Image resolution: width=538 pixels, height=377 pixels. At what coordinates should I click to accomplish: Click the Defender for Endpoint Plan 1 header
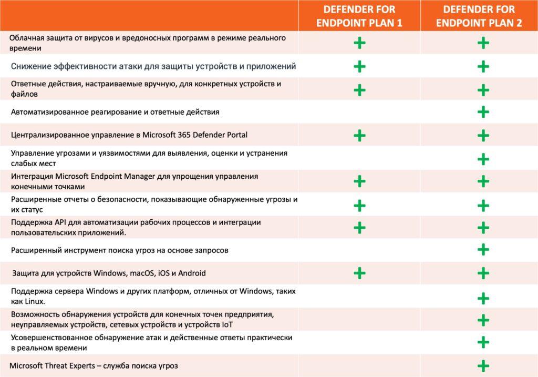[x=359, y=16]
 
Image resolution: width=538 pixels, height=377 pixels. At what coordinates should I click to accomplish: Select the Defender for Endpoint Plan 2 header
[x=479, y=16]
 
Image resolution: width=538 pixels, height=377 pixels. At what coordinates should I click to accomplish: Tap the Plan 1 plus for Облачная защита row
[x=359, y=43]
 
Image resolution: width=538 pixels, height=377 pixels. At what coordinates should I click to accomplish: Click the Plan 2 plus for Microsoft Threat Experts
[x=483, y=366]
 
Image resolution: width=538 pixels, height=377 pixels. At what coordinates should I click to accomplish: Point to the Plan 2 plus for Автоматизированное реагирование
[x=483, y=112]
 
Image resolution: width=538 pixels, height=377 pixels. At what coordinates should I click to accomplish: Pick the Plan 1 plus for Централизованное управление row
[x=359, y=136]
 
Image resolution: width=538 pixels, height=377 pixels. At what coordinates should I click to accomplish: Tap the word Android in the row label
[x=192, y=273]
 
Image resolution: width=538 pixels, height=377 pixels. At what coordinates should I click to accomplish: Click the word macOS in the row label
[x=137, y=273]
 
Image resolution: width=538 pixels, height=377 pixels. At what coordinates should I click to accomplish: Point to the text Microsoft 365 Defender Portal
[x=195, y=135]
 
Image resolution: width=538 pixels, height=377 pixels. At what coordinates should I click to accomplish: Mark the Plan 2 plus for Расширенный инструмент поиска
[x=483, y=250]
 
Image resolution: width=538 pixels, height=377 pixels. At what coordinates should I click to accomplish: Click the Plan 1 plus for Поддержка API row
[x=359, y=227]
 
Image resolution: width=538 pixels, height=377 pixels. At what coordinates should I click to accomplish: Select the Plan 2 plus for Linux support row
[x=483, y=298]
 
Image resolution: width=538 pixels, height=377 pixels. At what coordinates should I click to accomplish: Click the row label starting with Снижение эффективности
[x=153, y=66]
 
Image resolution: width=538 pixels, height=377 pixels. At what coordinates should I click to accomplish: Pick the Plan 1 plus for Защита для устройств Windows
[x=359, y=273]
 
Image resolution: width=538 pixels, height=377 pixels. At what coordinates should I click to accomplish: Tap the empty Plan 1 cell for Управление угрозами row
[x=359, y=158]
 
